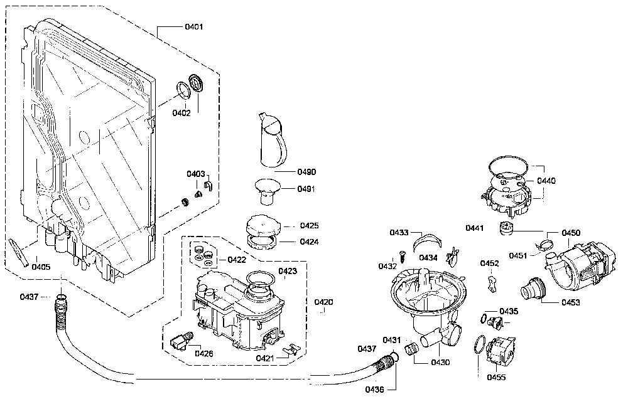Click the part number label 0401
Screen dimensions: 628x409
coord(194,27)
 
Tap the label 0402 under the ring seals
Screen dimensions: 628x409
coord(181,113)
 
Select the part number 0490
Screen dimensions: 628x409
coord(306,172)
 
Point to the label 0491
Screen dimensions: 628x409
coord(306,189)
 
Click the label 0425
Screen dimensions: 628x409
coord(309,226)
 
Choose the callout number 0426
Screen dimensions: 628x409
coord(204,353)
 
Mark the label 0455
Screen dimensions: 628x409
coord(496,377)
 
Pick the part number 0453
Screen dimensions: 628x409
coord(571,302)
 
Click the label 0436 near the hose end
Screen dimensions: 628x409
coord(374,390)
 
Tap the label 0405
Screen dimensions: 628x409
coord(41,267)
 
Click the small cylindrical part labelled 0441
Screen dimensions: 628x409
coord(506,228)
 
